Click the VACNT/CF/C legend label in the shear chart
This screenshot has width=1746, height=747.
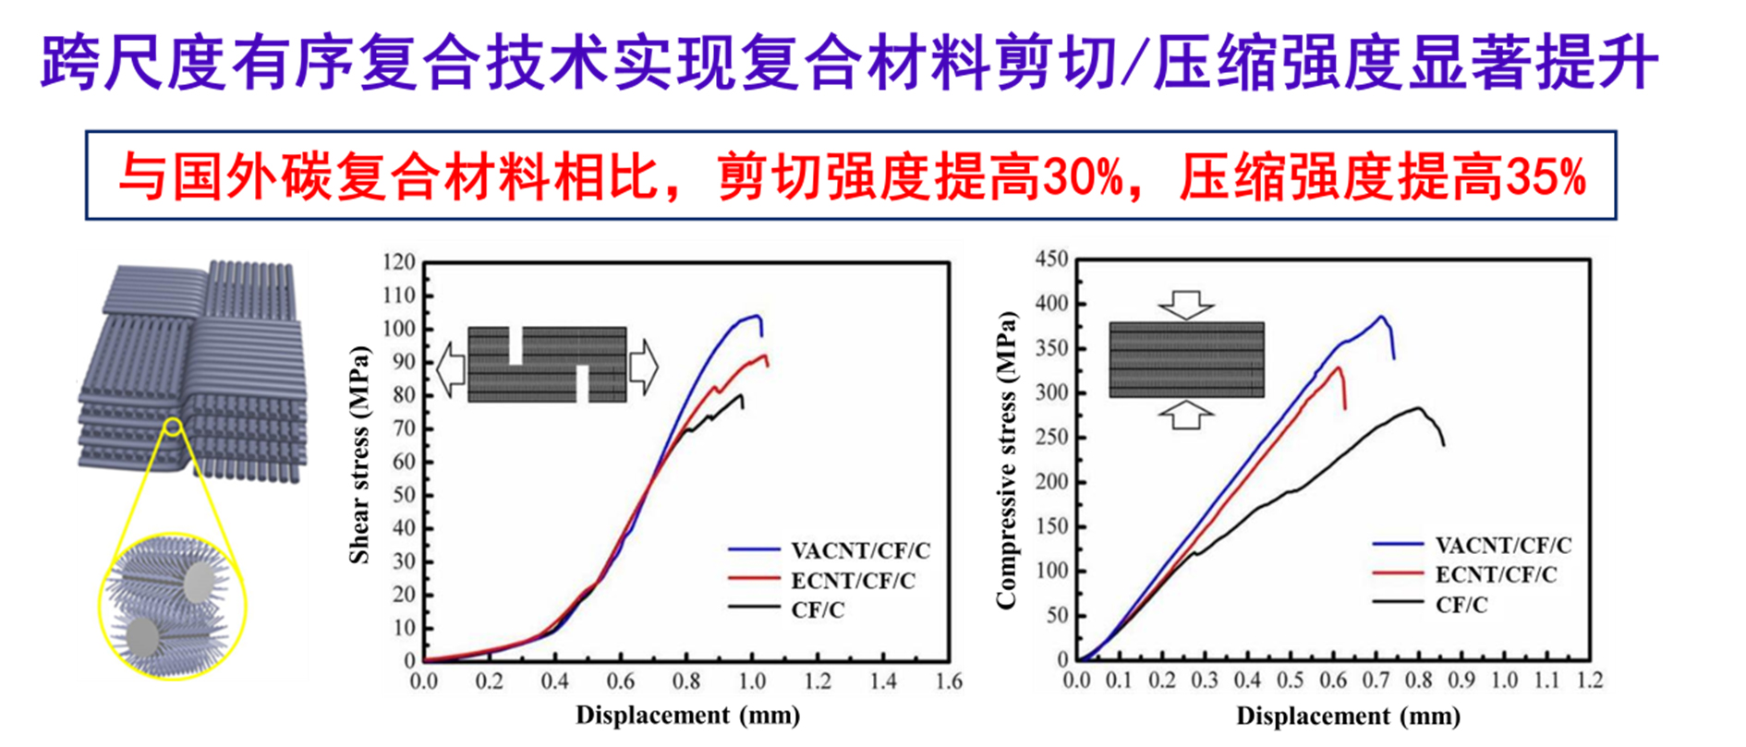[860, 550]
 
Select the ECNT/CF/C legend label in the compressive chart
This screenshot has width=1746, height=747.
[1496, 574]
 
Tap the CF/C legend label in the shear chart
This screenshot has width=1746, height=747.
[818, 609]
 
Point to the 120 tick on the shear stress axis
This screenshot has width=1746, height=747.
[399, 262]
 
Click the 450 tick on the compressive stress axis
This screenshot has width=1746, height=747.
[1051, 259]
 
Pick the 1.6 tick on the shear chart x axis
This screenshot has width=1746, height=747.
[949, 681]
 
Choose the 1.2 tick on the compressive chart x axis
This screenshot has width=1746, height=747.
[1589, 681]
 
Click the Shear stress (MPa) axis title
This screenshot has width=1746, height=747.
[358, 454]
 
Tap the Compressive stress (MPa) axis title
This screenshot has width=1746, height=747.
[1006, 460]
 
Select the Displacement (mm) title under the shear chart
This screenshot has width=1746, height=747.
[687, 715]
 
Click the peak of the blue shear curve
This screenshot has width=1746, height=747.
[756, 316]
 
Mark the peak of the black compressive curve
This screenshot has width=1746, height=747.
[1418, 407]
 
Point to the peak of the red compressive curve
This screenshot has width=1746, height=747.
[1338, 367]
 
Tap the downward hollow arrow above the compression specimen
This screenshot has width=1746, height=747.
[1186, 304]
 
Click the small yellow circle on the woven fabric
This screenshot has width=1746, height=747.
[173, 426]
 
